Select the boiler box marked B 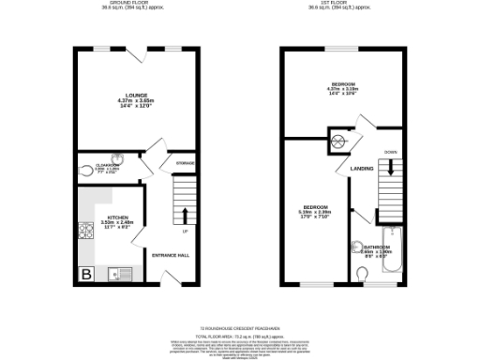coord(86,274)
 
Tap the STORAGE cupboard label coord(185,164)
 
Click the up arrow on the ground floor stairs coord(185,213)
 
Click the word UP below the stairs coord(185,232)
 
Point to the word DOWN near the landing coord(391,151)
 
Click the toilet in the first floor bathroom coord(362,273)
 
